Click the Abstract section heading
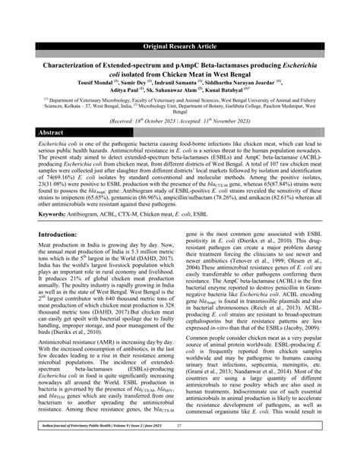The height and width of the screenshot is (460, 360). tap(50, 133)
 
